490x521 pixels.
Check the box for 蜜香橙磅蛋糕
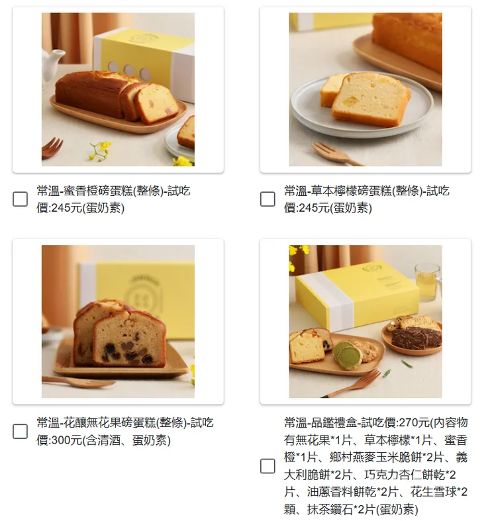point(20,199)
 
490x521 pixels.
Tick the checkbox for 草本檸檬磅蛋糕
point(268,199)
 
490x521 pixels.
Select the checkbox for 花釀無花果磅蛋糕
point(20,431)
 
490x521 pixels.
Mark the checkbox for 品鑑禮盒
point(268,466)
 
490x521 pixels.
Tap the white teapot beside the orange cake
point(52,62)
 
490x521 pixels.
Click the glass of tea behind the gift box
point(428,283)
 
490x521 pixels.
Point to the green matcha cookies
point(348,355)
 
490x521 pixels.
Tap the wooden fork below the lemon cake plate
point(336,154)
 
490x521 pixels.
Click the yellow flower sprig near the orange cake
point(100,150)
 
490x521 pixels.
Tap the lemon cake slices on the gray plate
point(366,99)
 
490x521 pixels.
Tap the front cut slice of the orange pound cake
point(157,104)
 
